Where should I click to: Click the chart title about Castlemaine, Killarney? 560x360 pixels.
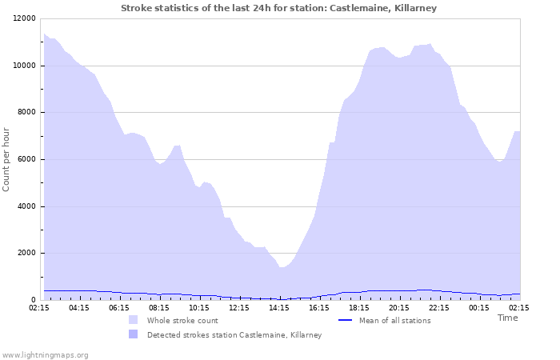pos(279,8)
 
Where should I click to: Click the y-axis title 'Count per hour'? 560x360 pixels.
pos(7,159)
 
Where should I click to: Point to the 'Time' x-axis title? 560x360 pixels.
pos(507,318)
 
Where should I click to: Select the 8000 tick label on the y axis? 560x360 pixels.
pos(27,113)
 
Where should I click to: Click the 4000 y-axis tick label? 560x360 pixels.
pos(27,206)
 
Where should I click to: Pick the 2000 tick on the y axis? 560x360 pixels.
pos(27,254)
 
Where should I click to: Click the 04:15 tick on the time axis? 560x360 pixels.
pos(79,307)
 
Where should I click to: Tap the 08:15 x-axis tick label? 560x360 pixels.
pos(159,307)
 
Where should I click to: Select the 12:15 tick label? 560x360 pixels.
pos(239,307)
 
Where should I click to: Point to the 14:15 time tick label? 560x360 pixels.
pos(279,307)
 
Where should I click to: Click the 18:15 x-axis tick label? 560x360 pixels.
pos(359,307)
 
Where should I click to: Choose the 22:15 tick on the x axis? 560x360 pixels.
pos(439,307)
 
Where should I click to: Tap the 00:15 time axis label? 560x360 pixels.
pos(479,307)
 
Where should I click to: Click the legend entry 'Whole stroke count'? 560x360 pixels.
pos(182,320)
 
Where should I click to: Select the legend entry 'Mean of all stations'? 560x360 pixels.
pos(394,320)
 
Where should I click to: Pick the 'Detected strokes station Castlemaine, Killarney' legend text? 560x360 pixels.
pos(234,334)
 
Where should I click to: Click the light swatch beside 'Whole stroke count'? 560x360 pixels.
pos(133,320)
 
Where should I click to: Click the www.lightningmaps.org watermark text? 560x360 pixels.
pos(45,354)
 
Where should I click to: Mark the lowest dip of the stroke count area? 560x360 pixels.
pos(282,267)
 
